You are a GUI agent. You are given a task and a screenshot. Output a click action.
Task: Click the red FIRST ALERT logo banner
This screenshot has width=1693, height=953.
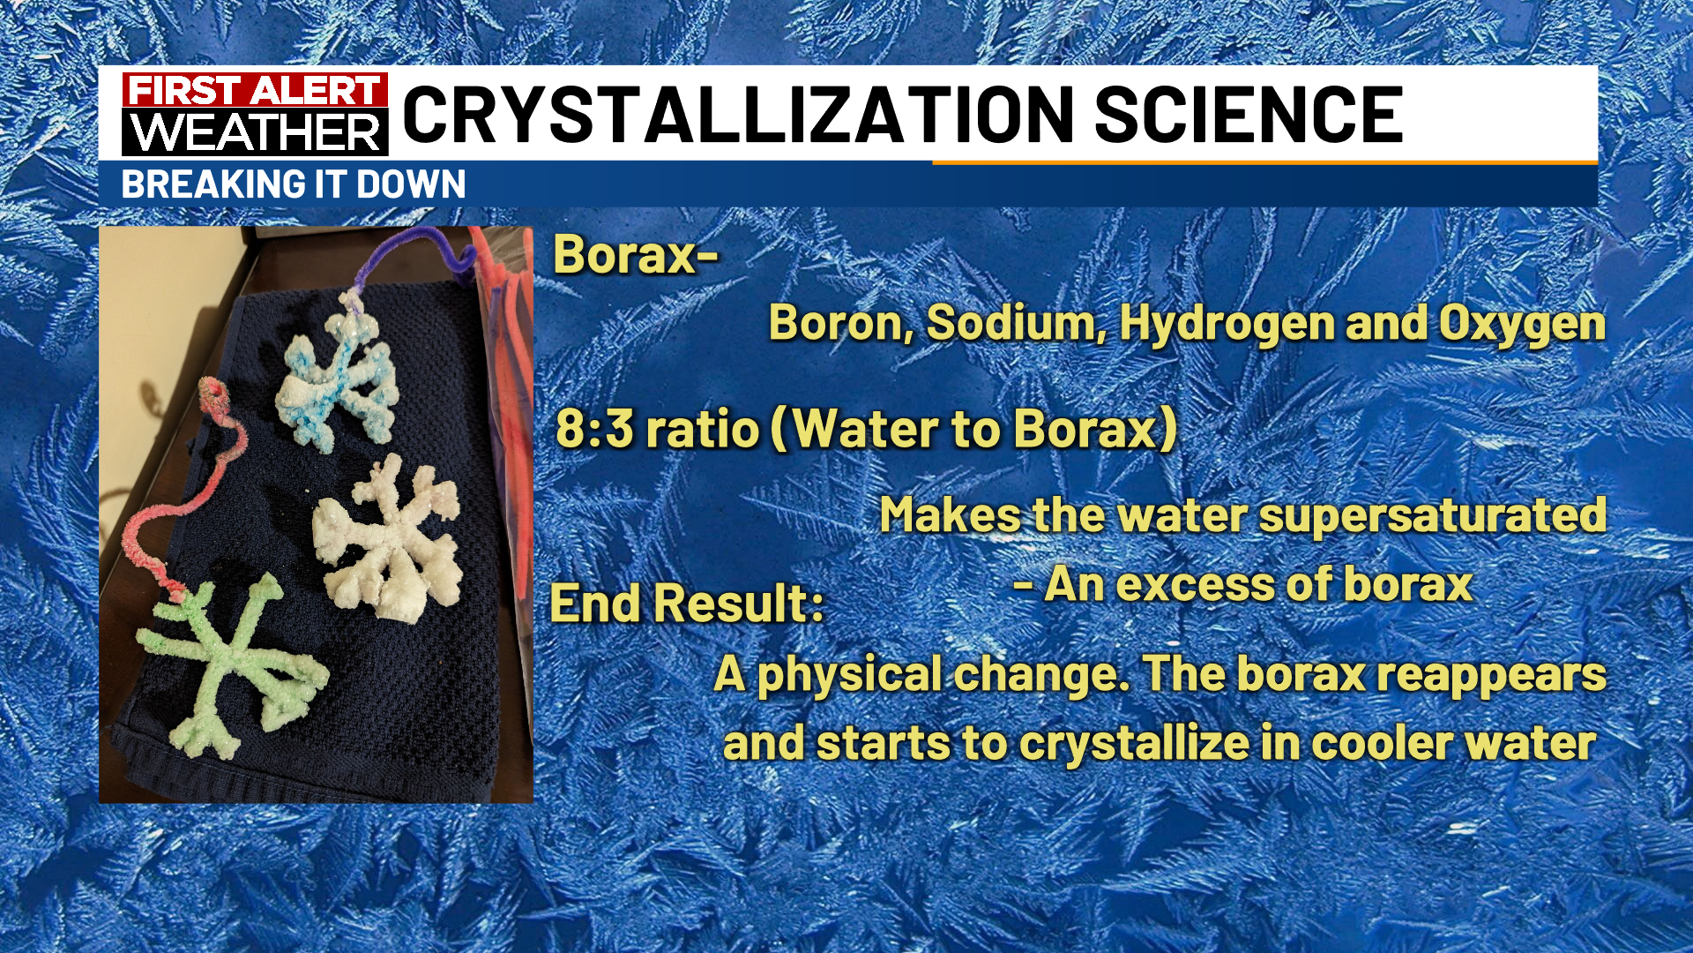point(256,90)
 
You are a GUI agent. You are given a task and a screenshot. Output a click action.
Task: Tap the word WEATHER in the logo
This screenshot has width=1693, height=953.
point(256,132)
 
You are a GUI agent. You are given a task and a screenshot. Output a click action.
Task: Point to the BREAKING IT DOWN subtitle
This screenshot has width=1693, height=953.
point(294,185)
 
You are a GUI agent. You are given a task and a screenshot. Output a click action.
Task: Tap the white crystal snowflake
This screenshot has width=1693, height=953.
point(389,537)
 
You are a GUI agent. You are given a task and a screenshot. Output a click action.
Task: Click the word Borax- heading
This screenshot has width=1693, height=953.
point(636,255)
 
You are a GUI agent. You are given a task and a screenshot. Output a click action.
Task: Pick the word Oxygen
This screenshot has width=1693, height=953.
point(1523,325)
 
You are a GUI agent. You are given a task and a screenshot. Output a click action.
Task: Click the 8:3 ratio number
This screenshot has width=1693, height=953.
point(594,429)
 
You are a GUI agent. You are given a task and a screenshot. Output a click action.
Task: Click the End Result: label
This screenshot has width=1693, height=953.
point(687,604)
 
